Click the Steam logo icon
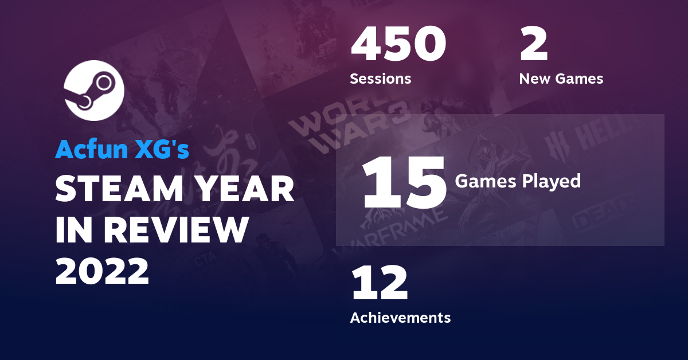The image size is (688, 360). point(92,91)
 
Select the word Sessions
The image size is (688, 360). point(380,79)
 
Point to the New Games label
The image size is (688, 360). point(561,79)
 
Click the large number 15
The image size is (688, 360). point(404,183)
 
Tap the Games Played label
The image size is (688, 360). point(518,181)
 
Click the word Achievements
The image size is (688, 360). point(400,317)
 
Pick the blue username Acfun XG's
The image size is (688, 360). point(122,150)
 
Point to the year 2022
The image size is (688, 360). point(102,271)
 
